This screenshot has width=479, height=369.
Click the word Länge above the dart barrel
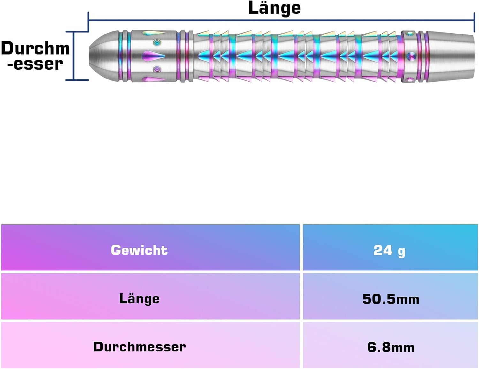pos(274,8)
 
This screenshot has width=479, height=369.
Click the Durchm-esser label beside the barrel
pos(35,56)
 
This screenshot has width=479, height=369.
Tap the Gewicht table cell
pos(139,250)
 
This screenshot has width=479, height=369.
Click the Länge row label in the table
pos(139,299)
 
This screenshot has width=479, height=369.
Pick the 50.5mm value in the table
pos(391,299)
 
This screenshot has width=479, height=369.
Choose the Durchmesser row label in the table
pos(139,347)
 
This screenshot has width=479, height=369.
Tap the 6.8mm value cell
pos(391,347)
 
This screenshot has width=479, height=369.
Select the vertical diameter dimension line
pos(74,56)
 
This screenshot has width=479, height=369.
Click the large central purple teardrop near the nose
pos(153,56)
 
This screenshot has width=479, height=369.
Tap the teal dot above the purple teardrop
pos(157,42)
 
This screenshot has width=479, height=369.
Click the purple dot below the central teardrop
pos(157,69)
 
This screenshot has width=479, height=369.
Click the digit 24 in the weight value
pos(383,250)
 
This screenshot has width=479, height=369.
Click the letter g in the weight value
pos(401,252)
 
